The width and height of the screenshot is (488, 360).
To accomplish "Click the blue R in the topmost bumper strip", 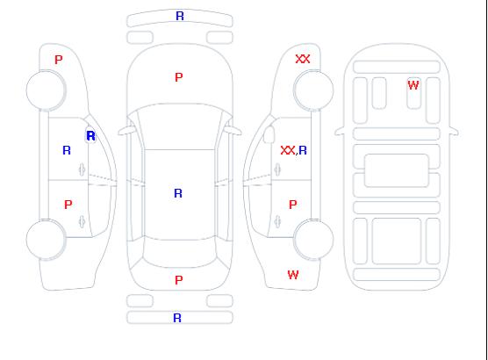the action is pyautogui.click(x=180, y=16).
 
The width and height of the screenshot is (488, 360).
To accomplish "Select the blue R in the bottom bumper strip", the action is pyautogui.click(x=177, y=318).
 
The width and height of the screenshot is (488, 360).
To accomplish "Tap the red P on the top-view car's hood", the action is pyautogui.click(x=179, y=77).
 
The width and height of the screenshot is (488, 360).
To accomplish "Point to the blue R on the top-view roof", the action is pyautogui.click(x=178, y=193).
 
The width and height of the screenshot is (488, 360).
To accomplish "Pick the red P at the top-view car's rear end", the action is pyautogui.click(x=179, y=280).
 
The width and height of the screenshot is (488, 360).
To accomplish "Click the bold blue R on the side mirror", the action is pyautogui.click(x=91, y=136).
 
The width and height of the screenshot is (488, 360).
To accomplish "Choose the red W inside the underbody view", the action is pyautogui.click(x=413, y=85).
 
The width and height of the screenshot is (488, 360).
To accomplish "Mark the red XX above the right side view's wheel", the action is pyautogui.click(x=303, y=59).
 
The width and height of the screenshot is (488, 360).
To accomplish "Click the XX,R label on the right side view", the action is pyautogui.click(x=293, y=151).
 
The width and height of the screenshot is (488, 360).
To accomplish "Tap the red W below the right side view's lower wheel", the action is pyautogui.click(x=293, y=275).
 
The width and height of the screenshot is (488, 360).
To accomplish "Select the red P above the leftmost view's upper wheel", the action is pyautogui.click(x=59, y=60).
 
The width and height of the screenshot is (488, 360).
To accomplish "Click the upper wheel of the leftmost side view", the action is pyautogui.click(x=46, y=90).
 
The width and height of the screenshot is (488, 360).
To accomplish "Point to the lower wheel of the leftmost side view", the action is pyautogui.click(x=46, y=240).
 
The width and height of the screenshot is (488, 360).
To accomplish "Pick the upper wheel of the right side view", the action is pyautogui.click(x=313, y=90).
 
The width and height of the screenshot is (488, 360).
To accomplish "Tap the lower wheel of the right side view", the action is pyautogui.click(x=313, y=239).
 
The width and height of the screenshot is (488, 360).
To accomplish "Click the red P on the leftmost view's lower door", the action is pyautogui.click(x=68, y=205).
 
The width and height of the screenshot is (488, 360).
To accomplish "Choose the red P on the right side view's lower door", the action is pyautogui.click(x=292, y=205).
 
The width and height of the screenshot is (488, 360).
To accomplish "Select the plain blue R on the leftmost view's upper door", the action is pyautogui.click(x=67, y=151).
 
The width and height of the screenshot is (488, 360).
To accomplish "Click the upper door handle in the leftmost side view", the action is pyautogui.click(x=82, y=169).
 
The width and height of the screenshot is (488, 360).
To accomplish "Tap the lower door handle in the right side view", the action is pyautogui.click(x=277, y=221).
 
